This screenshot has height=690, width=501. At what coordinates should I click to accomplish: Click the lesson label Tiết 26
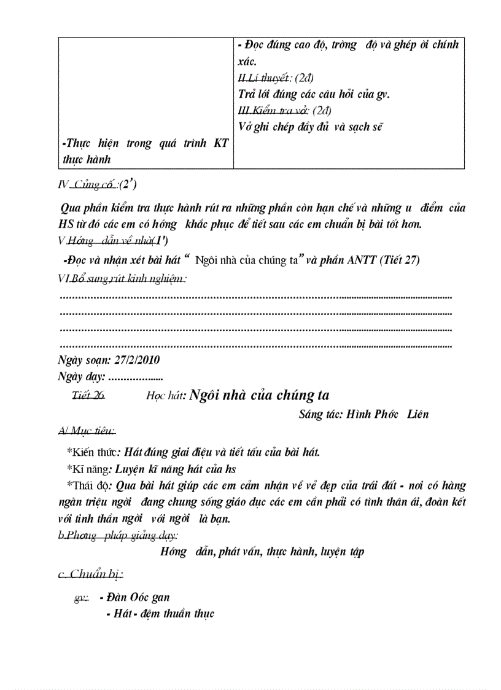pyautogui.click(x=88, y=396)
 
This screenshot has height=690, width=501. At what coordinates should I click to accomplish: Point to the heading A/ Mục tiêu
pyautogui.click(x=86, y=433)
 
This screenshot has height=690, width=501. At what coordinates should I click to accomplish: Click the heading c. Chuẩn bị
pyautogui.click(x=90, y=574)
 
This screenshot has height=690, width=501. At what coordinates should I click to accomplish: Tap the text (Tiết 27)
pyautogui.click(x=399, y=260)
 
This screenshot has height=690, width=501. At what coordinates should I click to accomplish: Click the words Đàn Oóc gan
pyautogui.click(x=138, y=597)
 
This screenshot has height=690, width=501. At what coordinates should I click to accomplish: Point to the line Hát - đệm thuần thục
pyautogui.click(x=160, y=614)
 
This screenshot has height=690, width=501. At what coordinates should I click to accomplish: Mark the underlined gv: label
pyautogui.click(x=81, y=597)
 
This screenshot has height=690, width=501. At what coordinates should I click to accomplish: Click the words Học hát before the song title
pyautogui.click(x=166, y=397)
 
